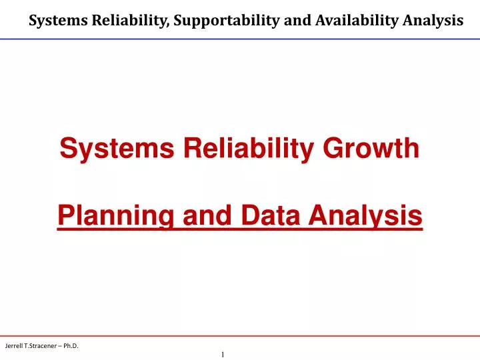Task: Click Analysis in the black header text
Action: tap(433, 21)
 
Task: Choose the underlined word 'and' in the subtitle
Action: tap(199, 215)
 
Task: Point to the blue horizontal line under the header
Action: tap(240, 39)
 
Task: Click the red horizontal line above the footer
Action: tap(240, 335)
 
